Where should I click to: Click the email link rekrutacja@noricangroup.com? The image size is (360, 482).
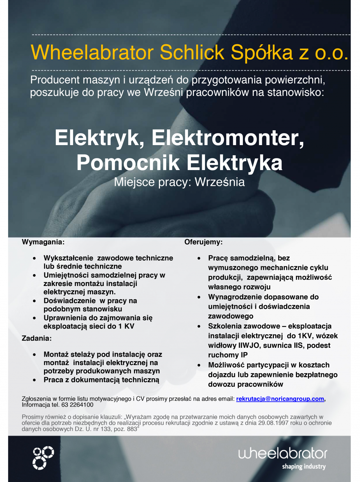click(x=280, y=399)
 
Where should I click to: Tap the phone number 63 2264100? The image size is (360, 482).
click(x=77, y=405)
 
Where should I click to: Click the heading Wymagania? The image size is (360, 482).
click(x=43, y=242)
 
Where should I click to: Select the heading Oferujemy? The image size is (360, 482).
click(x=203, y=242)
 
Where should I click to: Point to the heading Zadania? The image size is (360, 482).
click(x=37, y=338)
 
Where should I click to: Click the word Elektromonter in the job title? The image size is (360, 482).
click(x=227, y=138)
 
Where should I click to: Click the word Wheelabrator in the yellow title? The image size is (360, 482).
click(x=92, y=53)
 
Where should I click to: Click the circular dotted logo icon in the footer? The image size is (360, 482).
click(x=43, y=458)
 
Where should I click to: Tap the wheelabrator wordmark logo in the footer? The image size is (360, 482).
click(x=282, y=453)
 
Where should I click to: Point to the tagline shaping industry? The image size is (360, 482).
click(x=304, y=467)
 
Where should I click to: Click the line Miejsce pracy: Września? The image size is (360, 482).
click(x=179, y=182)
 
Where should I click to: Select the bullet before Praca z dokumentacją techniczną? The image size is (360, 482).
click(x=34, y=380)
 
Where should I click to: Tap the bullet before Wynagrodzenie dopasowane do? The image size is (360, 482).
click(x=199, y=297)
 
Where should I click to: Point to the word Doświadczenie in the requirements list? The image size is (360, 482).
click(x=70, y=301)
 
